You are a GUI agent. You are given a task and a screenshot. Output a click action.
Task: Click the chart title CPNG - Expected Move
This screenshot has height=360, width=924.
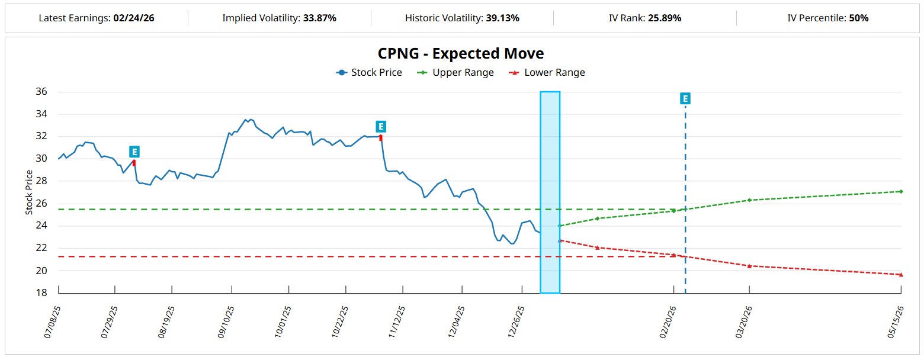click(461, 53)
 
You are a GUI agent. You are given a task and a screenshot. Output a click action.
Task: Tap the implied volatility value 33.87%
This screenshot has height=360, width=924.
click(320, 18)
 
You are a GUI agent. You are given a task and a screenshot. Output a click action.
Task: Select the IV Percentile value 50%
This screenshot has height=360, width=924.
click(859, 18)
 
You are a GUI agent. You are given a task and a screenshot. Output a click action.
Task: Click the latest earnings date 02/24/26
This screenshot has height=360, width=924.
click(134, 18)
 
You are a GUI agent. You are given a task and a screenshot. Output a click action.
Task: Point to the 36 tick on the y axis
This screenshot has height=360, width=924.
click(41, 92)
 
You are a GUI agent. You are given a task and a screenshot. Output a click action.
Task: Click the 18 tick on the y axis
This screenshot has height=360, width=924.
click(41, 293)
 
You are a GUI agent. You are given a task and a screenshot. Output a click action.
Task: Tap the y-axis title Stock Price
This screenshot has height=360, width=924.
click(29, 192)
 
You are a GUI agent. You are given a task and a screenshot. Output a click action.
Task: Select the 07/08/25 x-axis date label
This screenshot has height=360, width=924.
click(52, 322)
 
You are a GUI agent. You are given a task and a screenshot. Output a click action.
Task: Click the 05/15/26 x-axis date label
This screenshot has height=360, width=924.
click(895, 322)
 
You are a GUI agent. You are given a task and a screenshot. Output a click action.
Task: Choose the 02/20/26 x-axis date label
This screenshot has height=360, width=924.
click(668, 322)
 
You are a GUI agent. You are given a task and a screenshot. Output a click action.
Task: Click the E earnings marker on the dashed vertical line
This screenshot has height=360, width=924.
click(685, 99)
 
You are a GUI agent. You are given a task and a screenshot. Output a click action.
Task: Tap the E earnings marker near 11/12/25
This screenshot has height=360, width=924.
click(381, 127)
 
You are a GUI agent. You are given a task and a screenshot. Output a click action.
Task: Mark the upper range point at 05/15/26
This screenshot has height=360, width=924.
click(901, 191)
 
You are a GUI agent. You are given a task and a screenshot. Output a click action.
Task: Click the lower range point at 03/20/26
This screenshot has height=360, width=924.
click(749, 266)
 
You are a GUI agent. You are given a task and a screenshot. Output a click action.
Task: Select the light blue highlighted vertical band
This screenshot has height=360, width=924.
click(550, 192)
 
